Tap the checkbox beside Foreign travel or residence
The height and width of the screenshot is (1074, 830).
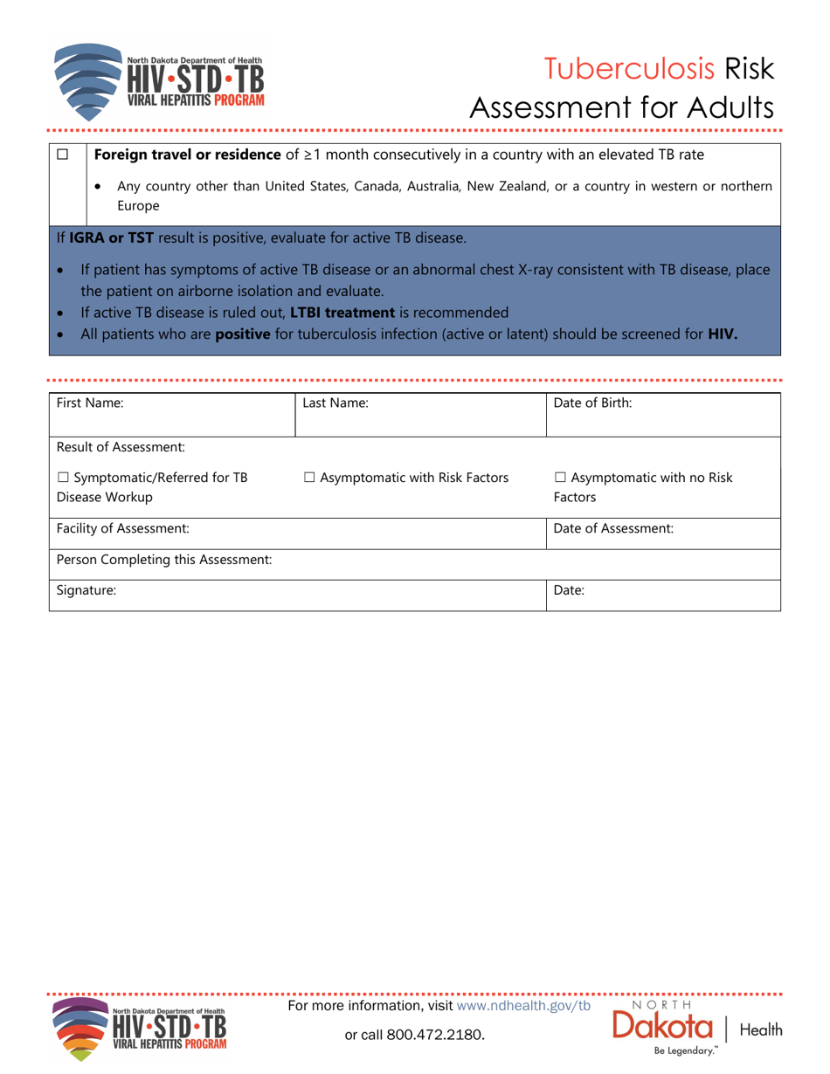click(x=62, y=155)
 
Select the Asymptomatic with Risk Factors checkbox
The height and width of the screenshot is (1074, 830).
click(x=310, y=477)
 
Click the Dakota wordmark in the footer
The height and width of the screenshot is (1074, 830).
click(x=664, y=1027)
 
